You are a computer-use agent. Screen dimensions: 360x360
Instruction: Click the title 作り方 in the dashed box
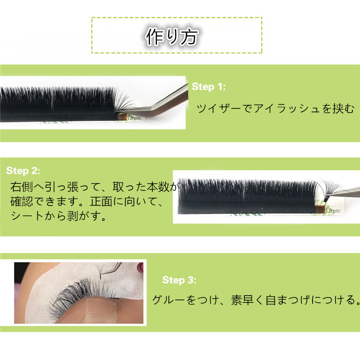point(172,37)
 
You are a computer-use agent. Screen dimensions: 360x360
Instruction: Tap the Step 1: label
point(208,87)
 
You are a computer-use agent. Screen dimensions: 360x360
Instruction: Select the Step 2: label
point(23,170)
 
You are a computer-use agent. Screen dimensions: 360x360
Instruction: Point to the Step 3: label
point(179,280)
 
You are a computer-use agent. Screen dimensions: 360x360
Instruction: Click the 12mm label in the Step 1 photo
point(134,118)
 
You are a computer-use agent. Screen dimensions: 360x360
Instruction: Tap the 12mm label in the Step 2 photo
point(333,210)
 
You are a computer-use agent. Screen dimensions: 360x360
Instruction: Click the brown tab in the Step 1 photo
point(122,117)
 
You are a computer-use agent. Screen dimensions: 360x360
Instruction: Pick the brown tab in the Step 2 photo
point(321,209)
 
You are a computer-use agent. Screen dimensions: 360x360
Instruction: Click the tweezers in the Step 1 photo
point(158,102)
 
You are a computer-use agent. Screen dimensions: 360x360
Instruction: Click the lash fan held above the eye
point(100,271)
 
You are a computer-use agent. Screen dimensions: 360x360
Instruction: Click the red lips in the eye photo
point(140,267)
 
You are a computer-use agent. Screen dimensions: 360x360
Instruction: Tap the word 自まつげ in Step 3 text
point(288,300)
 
